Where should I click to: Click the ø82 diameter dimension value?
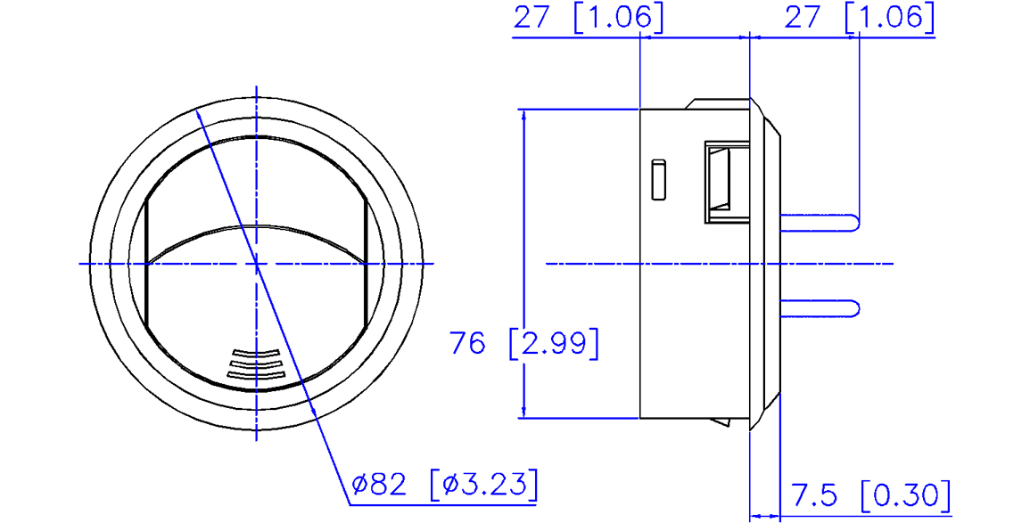pyautogui.click(x=379, y=485)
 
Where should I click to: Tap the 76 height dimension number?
pyautogui.click(x=467, y=342)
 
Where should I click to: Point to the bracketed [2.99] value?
pyautogui.click(x=554, y=342)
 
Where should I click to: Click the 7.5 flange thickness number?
pyautogui.click(x=814, y=495)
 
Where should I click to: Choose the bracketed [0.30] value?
pyautogui.click(x=905, y=495)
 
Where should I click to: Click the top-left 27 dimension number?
pyautogui.click(x=531, y=17)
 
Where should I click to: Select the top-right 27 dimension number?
pyautogui.click(x=803, y=17)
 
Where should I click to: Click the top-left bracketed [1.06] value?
pyautogui.click(x=618, y=17)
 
